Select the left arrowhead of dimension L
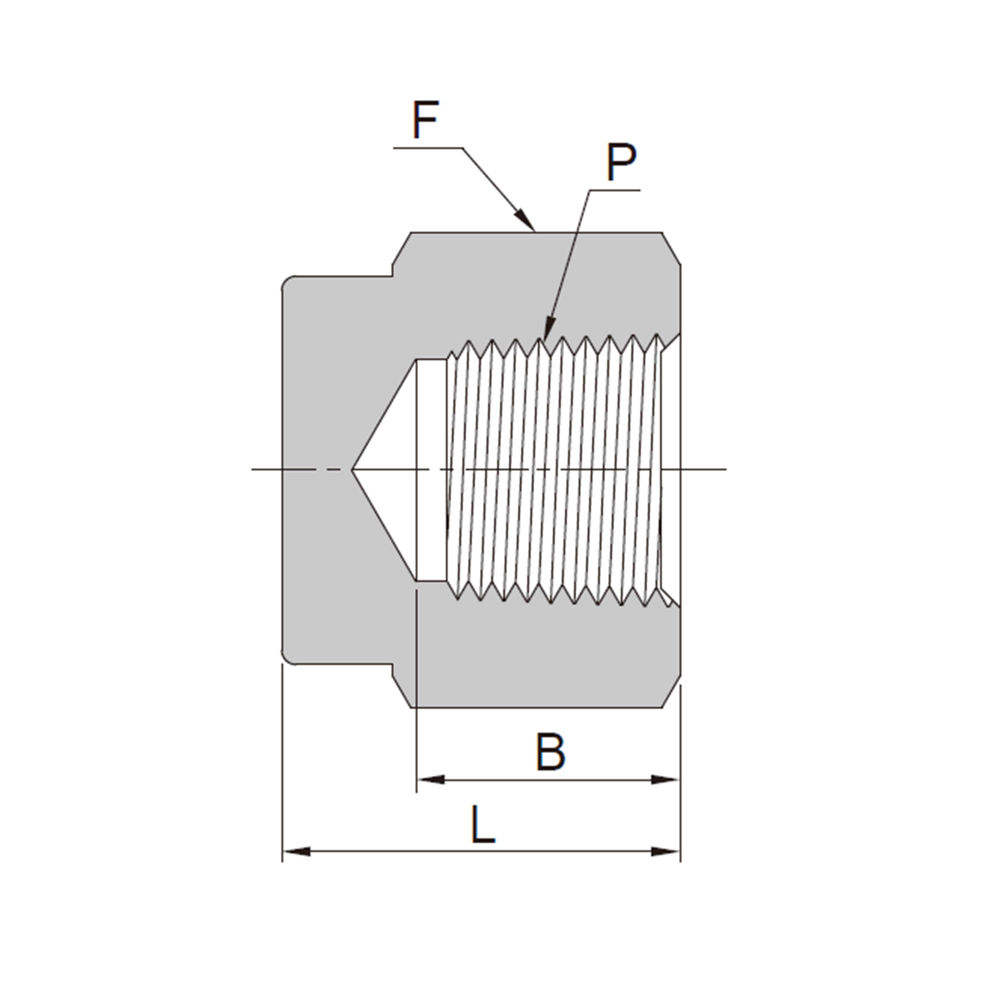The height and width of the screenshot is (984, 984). (x=296, y=852)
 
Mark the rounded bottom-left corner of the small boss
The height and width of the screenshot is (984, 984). (x=287, y=659)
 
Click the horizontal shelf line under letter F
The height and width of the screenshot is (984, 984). (x=428, y=148)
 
